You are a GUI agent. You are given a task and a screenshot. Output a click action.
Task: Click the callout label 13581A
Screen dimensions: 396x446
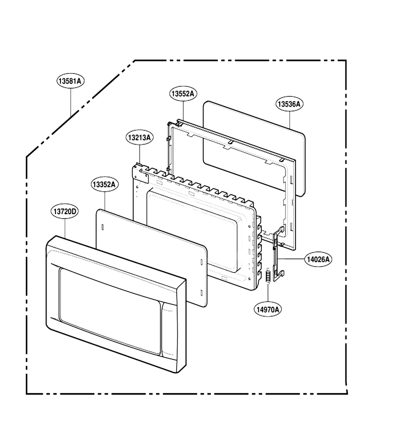click(x=70, y=81)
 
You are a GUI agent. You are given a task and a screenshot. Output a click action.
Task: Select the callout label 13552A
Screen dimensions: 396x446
click(x=184, y=94)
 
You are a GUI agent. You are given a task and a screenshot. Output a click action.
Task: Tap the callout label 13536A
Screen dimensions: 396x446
click(x=289, y=104)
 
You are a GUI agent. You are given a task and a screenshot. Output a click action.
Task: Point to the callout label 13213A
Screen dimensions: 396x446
click(x=139, y=138)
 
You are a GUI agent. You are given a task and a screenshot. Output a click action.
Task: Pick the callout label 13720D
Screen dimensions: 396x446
click(x=65, y=212)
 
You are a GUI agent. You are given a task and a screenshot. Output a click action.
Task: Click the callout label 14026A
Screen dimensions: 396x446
click(x=318, y=259)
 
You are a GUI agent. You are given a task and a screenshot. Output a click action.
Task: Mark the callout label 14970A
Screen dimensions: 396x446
click(x=268, y=309)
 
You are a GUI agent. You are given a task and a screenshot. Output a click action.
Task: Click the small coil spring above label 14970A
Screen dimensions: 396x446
click(x=267, y=276)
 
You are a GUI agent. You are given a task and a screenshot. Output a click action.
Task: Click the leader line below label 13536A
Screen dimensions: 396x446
click(x=290, y=120)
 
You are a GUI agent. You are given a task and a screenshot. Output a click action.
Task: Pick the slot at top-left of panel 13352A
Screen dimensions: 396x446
click(x=102, y=227)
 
